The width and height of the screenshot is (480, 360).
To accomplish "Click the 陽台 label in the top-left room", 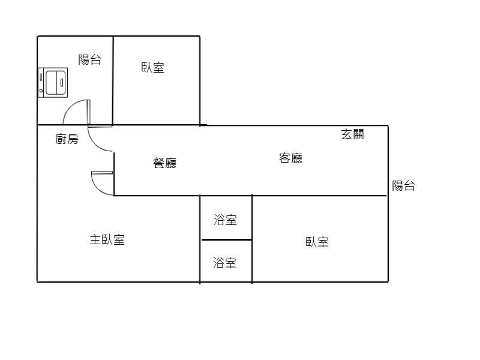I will tap(90, 59).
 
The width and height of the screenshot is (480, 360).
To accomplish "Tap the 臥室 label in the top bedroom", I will tap(153, 67).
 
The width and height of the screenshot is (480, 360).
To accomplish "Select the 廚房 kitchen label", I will tap(67, 139).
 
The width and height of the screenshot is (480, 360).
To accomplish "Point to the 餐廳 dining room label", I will tap(165, 162).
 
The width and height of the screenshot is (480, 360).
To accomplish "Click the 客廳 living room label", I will tap(291, 158).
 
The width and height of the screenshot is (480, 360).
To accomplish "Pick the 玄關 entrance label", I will tap(352, 134).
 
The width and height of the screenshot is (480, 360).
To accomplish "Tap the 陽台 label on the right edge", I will tap(404, 185).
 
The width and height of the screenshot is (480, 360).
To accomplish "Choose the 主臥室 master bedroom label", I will tap(107, 240).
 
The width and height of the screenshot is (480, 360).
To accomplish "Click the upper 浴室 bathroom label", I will tap(225, 220).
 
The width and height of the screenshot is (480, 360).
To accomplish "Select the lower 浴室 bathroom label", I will tap(225, 262).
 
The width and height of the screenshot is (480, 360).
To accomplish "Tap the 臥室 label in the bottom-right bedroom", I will tap(317, 242).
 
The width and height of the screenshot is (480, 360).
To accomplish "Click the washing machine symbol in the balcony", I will tap(53, 82).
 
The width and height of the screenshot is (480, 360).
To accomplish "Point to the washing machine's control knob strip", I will tap(41, 82).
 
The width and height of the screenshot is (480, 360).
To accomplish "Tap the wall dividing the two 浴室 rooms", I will tap(226, 240).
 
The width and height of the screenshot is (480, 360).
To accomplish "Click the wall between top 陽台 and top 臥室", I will tap(113, 81).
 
